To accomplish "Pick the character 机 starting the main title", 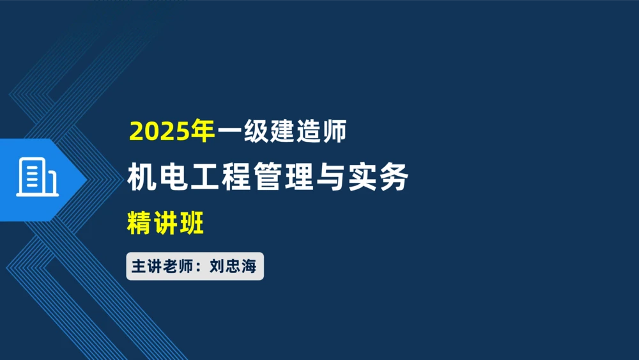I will [x=141, y=177].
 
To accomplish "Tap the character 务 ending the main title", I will [x=394, y=177].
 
